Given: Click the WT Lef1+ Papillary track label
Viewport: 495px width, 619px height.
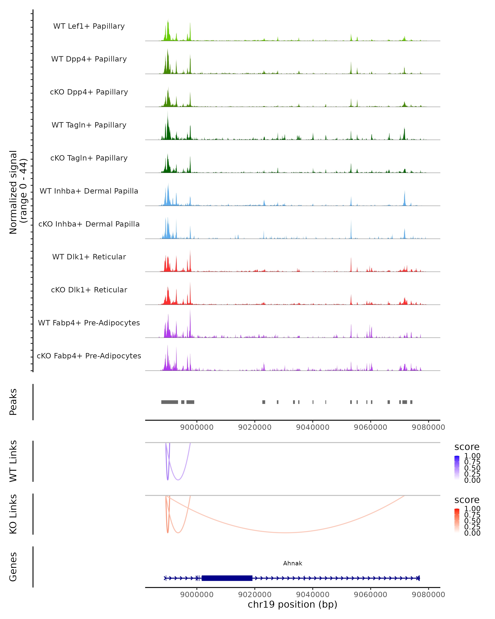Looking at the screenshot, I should (x=89, y=26).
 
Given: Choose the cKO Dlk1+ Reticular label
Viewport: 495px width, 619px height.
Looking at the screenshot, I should (x=89, y=290).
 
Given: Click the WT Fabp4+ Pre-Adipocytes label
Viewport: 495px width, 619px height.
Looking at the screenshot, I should (x=89, y=323).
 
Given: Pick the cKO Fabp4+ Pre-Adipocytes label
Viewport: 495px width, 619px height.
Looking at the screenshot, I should (x=89, y=356).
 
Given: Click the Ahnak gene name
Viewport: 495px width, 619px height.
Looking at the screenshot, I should (x=292, y=563).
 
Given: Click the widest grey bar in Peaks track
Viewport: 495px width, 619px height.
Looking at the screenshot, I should (x=170, y=402).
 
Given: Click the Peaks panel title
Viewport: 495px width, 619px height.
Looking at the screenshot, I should (x=13, y=402).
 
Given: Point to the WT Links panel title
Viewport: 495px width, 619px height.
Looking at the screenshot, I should (x=13, y=461).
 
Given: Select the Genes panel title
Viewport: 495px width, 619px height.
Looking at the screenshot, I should (x=13, y=567).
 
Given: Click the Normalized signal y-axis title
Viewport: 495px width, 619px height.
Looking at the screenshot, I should (x=18, y=192).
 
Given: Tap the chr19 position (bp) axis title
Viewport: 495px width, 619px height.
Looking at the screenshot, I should (x=292, y=604).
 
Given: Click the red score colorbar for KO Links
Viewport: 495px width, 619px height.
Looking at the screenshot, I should (x=457, y=520).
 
